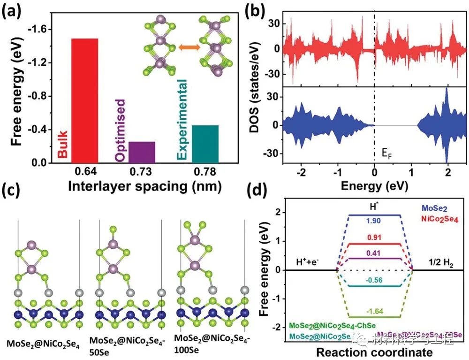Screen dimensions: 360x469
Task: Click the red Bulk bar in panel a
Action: click(84, 100)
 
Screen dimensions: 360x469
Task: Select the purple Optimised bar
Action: click(142, 152)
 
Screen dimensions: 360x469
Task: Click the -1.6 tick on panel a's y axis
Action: click(43, 30)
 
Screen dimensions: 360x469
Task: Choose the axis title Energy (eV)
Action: click(374, 186)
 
